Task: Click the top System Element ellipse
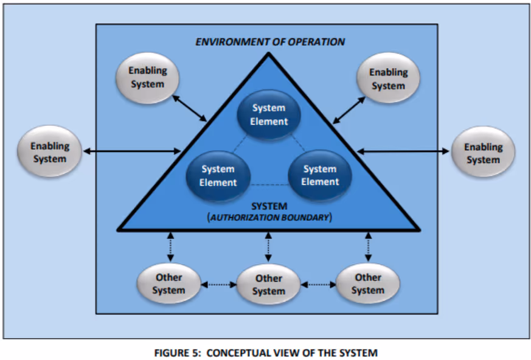pos(268,114)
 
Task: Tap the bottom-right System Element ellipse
pos(319,175)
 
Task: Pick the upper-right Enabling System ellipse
pos(388,78)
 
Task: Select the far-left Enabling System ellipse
pos(50,152)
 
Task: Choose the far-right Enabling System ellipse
pos(483,153)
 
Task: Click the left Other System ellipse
pos(168,284)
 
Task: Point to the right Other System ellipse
pos(368,284)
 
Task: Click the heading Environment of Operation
pos(270,42)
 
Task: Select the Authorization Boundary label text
pos(269,216)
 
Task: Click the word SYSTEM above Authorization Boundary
pos(269,206)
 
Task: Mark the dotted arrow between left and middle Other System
pos(218,284)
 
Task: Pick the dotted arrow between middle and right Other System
pos(318,284)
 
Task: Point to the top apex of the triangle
pos(268,55)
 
